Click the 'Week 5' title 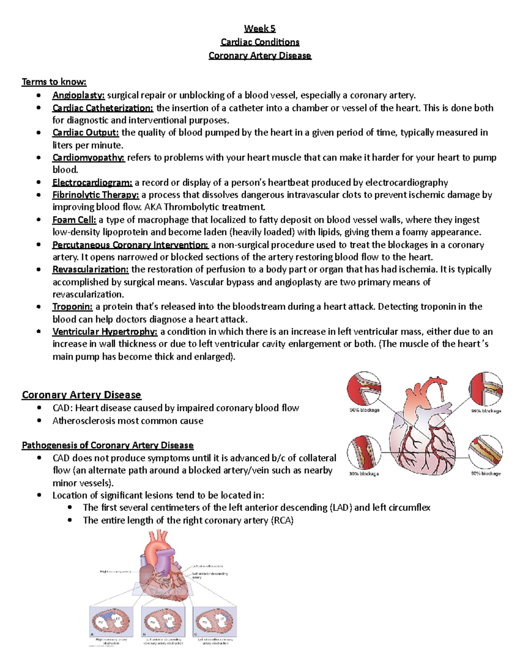pos(260,29)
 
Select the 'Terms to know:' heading pos(54,82)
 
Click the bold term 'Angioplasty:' pos(78,95)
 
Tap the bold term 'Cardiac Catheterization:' pos(103,108)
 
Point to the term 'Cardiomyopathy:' pos(88,158)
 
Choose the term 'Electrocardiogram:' pos(92,183)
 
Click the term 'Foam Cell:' pos(74,220)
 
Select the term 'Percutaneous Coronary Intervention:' pos(130,245)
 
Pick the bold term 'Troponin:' pos(72,307)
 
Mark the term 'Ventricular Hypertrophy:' pos(105,332)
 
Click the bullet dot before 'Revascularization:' pos(39,270)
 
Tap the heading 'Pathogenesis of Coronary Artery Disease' pos(107,445)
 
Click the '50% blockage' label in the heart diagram pos(364,410)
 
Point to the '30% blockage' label pos(364,473)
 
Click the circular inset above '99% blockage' pos(486,389)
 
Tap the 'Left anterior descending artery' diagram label pos(210,575)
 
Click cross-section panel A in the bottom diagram pos(111,621)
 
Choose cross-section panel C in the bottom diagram pos(215,621)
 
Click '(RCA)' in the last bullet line pos(282,520)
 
